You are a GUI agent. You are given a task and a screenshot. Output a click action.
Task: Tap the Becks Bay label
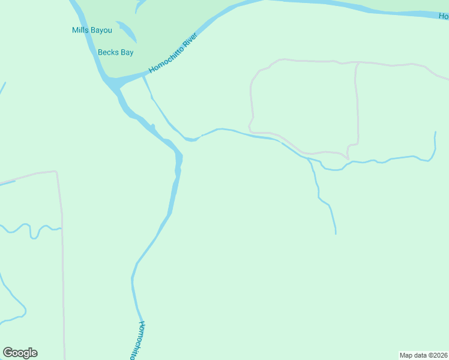click(x=115, y=52)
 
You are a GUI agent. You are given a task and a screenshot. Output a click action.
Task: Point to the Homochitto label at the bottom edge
click(x=138, y=341)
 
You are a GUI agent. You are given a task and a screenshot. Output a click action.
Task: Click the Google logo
click(x=20, y=353)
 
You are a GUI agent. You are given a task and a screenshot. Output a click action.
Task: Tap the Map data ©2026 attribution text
click(x=423, y=355)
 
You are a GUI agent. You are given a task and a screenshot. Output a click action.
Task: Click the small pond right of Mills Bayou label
click(x=127, y=31)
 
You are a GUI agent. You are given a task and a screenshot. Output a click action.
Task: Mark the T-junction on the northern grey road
click(x=357, y=63)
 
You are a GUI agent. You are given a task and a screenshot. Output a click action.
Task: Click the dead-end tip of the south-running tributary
click(x=336, y=233)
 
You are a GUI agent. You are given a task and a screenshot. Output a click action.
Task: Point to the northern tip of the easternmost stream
click(x=435, y=133)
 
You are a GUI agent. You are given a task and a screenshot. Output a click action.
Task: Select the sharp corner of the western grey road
click(x=56, y=172)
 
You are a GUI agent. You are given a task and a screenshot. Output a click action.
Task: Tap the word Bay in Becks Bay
click(x=127, y=52)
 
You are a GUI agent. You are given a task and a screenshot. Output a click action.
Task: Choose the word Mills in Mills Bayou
click(x=80, y=30)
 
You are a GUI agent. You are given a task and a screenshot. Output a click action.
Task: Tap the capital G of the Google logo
click(x=8, y=353)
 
